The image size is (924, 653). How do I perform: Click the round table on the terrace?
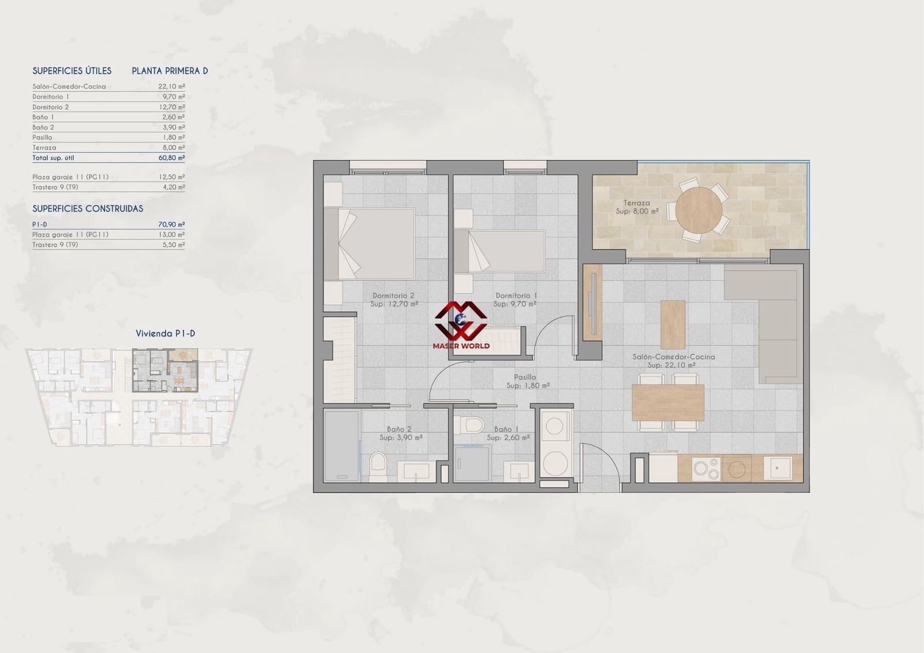coord(698,210)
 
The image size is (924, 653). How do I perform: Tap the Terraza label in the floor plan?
coord(636,203)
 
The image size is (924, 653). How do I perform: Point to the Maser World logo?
coord(461,325)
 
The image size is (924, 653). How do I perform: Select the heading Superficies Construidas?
coord(88,208)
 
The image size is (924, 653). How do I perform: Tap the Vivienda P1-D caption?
coord(165,334)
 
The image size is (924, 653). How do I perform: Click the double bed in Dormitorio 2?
coord(370,244)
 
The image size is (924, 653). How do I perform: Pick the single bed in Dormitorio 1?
coord(500,251)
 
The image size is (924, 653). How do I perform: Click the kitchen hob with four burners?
coord(706,469)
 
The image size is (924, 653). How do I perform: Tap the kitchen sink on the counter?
coord(777,468)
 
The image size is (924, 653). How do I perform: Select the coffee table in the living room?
coord(673,324)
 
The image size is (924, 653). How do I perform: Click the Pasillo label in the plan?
coord(525,377)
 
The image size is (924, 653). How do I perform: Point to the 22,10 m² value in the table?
coord(172,87)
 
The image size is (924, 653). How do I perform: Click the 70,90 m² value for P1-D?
coord(172,225)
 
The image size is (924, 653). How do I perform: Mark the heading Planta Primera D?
coord(170,71)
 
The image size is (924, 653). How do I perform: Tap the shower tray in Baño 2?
coord(341,445)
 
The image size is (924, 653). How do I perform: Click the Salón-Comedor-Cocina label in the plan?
coord(673,357)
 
